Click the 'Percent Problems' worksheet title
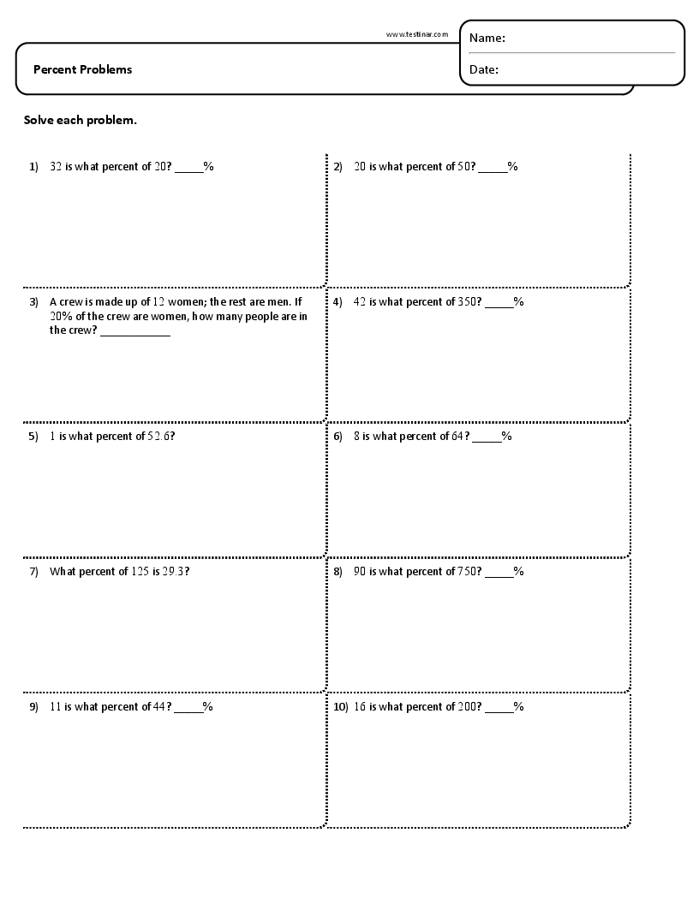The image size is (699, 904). (82, 69)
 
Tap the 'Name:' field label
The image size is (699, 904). (487, 38)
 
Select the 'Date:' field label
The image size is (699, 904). (484, 69)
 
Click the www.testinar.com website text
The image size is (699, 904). (417, 34)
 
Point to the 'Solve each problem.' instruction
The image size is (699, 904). (80, 120)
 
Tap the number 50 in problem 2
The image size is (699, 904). (463, 167)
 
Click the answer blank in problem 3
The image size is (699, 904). (135, 334)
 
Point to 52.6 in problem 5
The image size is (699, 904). (159, 437)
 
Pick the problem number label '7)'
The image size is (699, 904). (33, 571)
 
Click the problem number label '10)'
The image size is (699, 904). (340, 706)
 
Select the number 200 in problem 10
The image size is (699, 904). (466, 706)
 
